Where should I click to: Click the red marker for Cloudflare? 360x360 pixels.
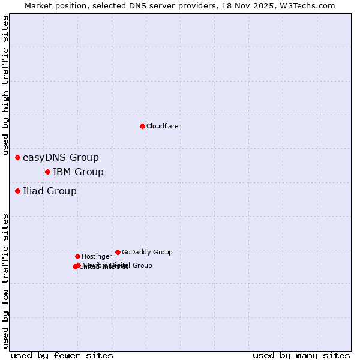[142, 126]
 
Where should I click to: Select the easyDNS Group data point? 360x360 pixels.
[18, 158]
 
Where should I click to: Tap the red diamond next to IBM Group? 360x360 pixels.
[47, 172]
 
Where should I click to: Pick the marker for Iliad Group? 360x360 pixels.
[18, 191]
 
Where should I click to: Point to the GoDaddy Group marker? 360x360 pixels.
[118, 253]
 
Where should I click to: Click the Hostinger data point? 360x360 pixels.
[77, 257]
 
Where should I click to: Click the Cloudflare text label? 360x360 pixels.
[162, 127]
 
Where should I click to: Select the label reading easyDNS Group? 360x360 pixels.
[61, 158]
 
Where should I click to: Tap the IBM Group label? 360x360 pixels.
[78, 172]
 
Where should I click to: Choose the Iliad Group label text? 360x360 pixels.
[50, 191]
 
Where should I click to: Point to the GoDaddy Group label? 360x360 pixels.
[147, 253]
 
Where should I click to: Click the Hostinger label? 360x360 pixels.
[97, 257]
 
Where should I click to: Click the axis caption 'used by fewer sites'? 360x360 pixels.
[62, 356]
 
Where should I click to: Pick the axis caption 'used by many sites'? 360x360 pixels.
[301, 356]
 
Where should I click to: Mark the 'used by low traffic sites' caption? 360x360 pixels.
[6, 281]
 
